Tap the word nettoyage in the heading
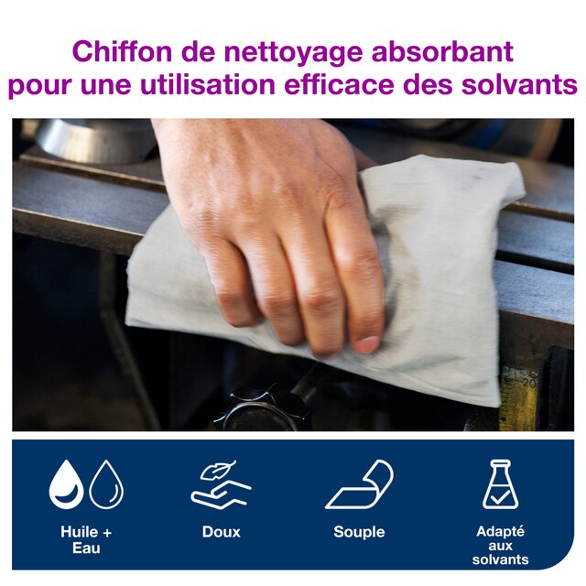[293, 53]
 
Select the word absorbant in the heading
[442, 51]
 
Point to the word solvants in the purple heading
[519, 84]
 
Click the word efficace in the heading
[339, 84]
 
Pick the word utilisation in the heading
[208, 84]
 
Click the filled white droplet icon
[67, 484]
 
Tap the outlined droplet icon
[106, 484]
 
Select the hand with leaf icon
[221, 484]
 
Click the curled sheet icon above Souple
[359, 484]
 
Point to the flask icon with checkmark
[500, 484]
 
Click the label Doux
[222, 532]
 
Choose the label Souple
[359, 533]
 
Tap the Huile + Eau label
[86, 540]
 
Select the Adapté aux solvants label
[501, 546]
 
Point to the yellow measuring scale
[519, 399]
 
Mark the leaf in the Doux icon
[218, 471]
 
